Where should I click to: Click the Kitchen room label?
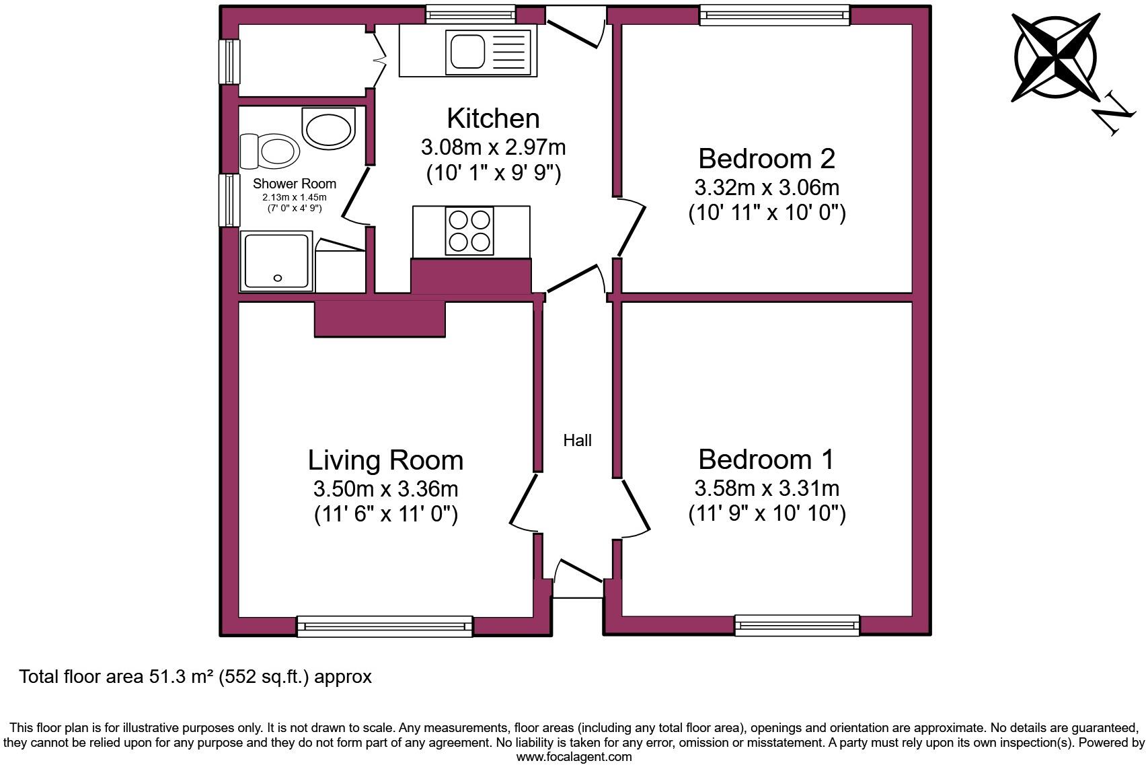tap(493, 118)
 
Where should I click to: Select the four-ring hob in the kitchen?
tap(469, 231)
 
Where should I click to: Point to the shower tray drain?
tap(278, 277)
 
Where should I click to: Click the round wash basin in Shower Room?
tap(328, 128)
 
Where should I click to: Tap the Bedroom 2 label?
tap(766, 159)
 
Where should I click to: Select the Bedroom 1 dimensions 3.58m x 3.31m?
tap(766, 488)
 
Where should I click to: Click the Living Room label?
tap(385, 460)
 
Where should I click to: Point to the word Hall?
tap(577, 441)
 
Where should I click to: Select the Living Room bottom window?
tap(385, 626)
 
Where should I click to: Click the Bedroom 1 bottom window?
tap(797, 625)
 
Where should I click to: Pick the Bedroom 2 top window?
tap(774, 15)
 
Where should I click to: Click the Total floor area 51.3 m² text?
tap(195, 676)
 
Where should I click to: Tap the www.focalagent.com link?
tap(574, 757)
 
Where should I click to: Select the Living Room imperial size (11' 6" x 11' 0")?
tap(385, 515)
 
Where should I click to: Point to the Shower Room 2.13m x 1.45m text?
tap(294, 197)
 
